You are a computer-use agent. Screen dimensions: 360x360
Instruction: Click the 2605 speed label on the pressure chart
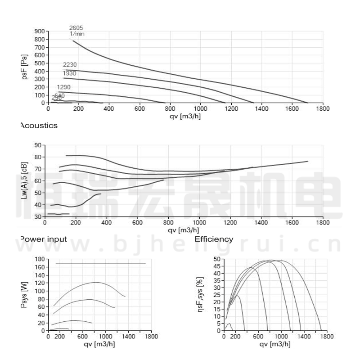(76, 28)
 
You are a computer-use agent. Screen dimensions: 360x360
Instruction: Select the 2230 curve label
(69, 65)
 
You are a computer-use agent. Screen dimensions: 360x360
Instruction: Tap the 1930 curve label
(69, 73)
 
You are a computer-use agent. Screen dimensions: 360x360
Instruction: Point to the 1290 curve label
(63, 87)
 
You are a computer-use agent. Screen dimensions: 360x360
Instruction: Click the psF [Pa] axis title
(25, 67)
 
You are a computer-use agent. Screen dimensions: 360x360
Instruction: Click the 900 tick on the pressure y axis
(39, 31)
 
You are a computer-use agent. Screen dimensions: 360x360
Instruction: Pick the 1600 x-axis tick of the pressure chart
(292, 108)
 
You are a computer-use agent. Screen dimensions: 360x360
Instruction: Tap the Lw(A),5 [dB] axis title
(25, 181)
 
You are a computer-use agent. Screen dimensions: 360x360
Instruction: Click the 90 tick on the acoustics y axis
(37, 145)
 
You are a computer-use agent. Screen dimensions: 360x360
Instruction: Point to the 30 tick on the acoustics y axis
(37, 217)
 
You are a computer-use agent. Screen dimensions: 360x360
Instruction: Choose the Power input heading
(43, 239)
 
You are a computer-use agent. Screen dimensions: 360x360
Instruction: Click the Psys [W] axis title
(25, 295)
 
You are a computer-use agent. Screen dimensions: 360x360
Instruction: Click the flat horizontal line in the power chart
(101, 264)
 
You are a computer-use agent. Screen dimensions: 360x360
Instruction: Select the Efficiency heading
(214, 239)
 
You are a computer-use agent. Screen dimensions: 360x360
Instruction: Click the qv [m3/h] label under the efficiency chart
(275, 344)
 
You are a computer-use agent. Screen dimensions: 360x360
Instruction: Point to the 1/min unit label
(77, 34)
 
